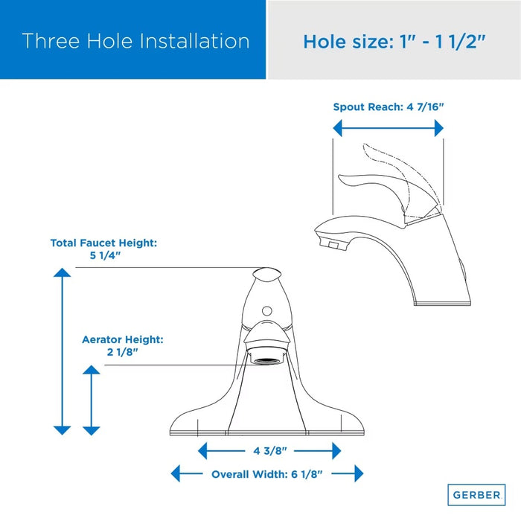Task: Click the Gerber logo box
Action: click(476, 495)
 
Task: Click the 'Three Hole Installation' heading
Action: click(135, 41)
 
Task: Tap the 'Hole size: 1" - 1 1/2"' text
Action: click(394, 42)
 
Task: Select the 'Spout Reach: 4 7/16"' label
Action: click(389, 107)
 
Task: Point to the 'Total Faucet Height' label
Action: click(103, 243)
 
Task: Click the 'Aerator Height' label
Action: click(123, 339)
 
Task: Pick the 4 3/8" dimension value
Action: click(269, 451)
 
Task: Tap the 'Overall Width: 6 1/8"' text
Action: click(266, 474)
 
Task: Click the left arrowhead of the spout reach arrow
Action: click(338, 128)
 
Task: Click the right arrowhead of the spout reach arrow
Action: click(439, 128)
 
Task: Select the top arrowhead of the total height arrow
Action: click(62, 272)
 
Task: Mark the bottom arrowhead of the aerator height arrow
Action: click(92, 431)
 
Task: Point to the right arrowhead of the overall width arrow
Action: click(359, 473)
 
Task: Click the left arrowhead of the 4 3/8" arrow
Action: click(202, 451)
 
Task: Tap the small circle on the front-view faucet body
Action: click(266, 311)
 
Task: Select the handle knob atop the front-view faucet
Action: click(266, 275)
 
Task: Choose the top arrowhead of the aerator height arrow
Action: click(92, 370)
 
